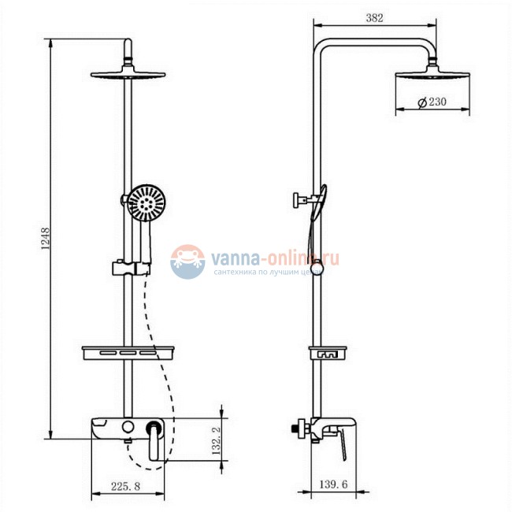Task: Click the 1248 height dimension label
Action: pos(46,239)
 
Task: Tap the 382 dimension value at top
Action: pos(374,17)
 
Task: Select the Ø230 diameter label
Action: pos(432,102)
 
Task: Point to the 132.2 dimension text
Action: pos(216,441)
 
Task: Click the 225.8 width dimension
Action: pos(125,486)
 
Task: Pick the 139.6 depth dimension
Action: pos(333,484)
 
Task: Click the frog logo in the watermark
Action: pos(187,262)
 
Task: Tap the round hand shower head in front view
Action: pos(146,202)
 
